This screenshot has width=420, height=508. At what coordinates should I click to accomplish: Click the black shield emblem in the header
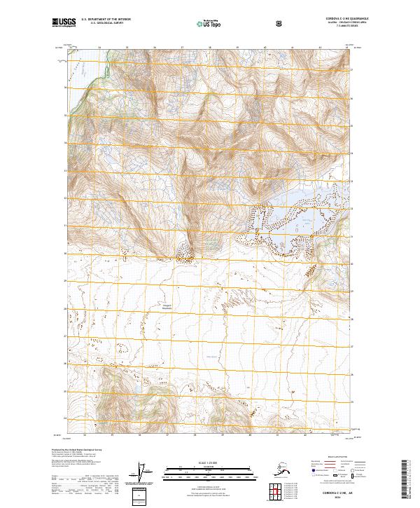pos(279,24)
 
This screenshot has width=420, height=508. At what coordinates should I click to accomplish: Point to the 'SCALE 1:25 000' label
pos(209,462)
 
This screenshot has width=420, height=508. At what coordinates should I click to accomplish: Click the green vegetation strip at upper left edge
pos(85,84)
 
